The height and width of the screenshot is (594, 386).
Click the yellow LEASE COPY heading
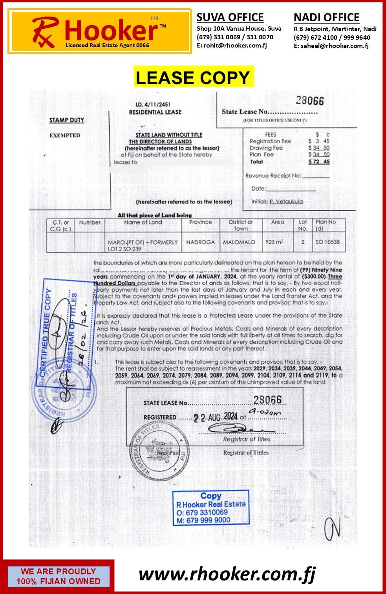(193, 77)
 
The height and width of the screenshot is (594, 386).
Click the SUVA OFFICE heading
(230, 17)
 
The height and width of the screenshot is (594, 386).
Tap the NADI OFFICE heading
(326, 18)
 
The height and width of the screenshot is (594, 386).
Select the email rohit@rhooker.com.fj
(235, 45)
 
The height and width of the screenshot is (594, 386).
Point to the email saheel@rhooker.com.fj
(335, 46)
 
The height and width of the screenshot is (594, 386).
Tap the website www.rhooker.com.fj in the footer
(227, 574)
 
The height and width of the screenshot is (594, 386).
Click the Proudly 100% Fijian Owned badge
(58, 576)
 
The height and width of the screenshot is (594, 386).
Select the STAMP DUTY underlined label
(67, 120)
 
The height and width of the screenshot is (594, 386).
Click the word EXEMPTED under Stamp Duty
(65, 135)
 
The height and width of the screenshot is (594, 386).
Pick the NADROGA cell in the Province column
(200, 242)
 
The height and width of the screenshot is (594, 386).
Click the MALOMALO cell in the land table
(239, 242)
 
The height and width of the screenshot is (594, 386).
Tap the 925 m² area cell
(274, 242)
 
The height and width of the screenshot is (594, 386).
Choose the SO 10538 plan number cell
(327, 242)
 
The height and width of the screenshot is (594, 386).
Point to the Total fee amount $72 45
(319, 161)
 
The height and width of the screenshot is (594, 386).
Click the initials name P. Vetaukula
(286, 202)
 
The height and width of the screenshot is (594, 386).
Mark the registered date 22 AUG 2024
(216, 417)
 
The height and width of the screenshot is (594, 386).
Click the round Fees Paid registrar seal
(159, 451)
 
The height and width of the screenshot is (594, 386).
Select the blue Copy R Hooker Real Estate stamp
(211, 508)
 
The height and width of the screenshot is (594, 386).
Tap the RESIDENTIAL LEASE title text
(155, 112)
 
